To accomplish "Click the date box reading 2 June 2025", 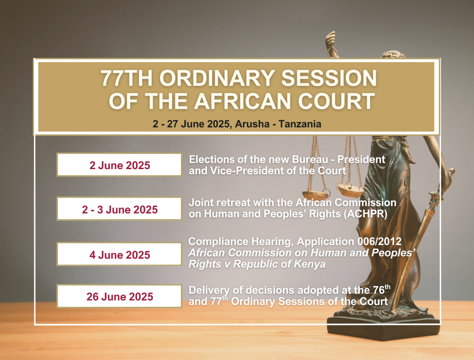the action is pos(119,165).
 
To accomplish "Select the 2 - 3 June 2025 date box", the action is pos(119,209).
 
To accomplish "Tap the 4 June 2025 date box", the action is pos(119,254).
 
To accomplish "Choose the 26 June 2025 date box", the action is pos(119,296).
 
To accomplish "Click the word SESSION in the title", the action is pos(329,78).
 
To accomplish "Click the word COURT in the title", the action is pos(337,101).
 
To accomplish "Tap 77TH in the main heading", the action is pos(127,78).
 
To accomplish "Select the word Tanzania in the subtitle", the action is pos(299,124).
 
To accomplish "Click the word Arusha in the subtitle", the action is pos(252,124).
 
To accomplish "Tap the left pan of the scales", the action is pos(316,194).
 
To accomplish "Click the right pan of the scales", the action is pos(351,189).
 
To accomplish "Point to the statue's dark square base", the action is pos(383,328).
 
